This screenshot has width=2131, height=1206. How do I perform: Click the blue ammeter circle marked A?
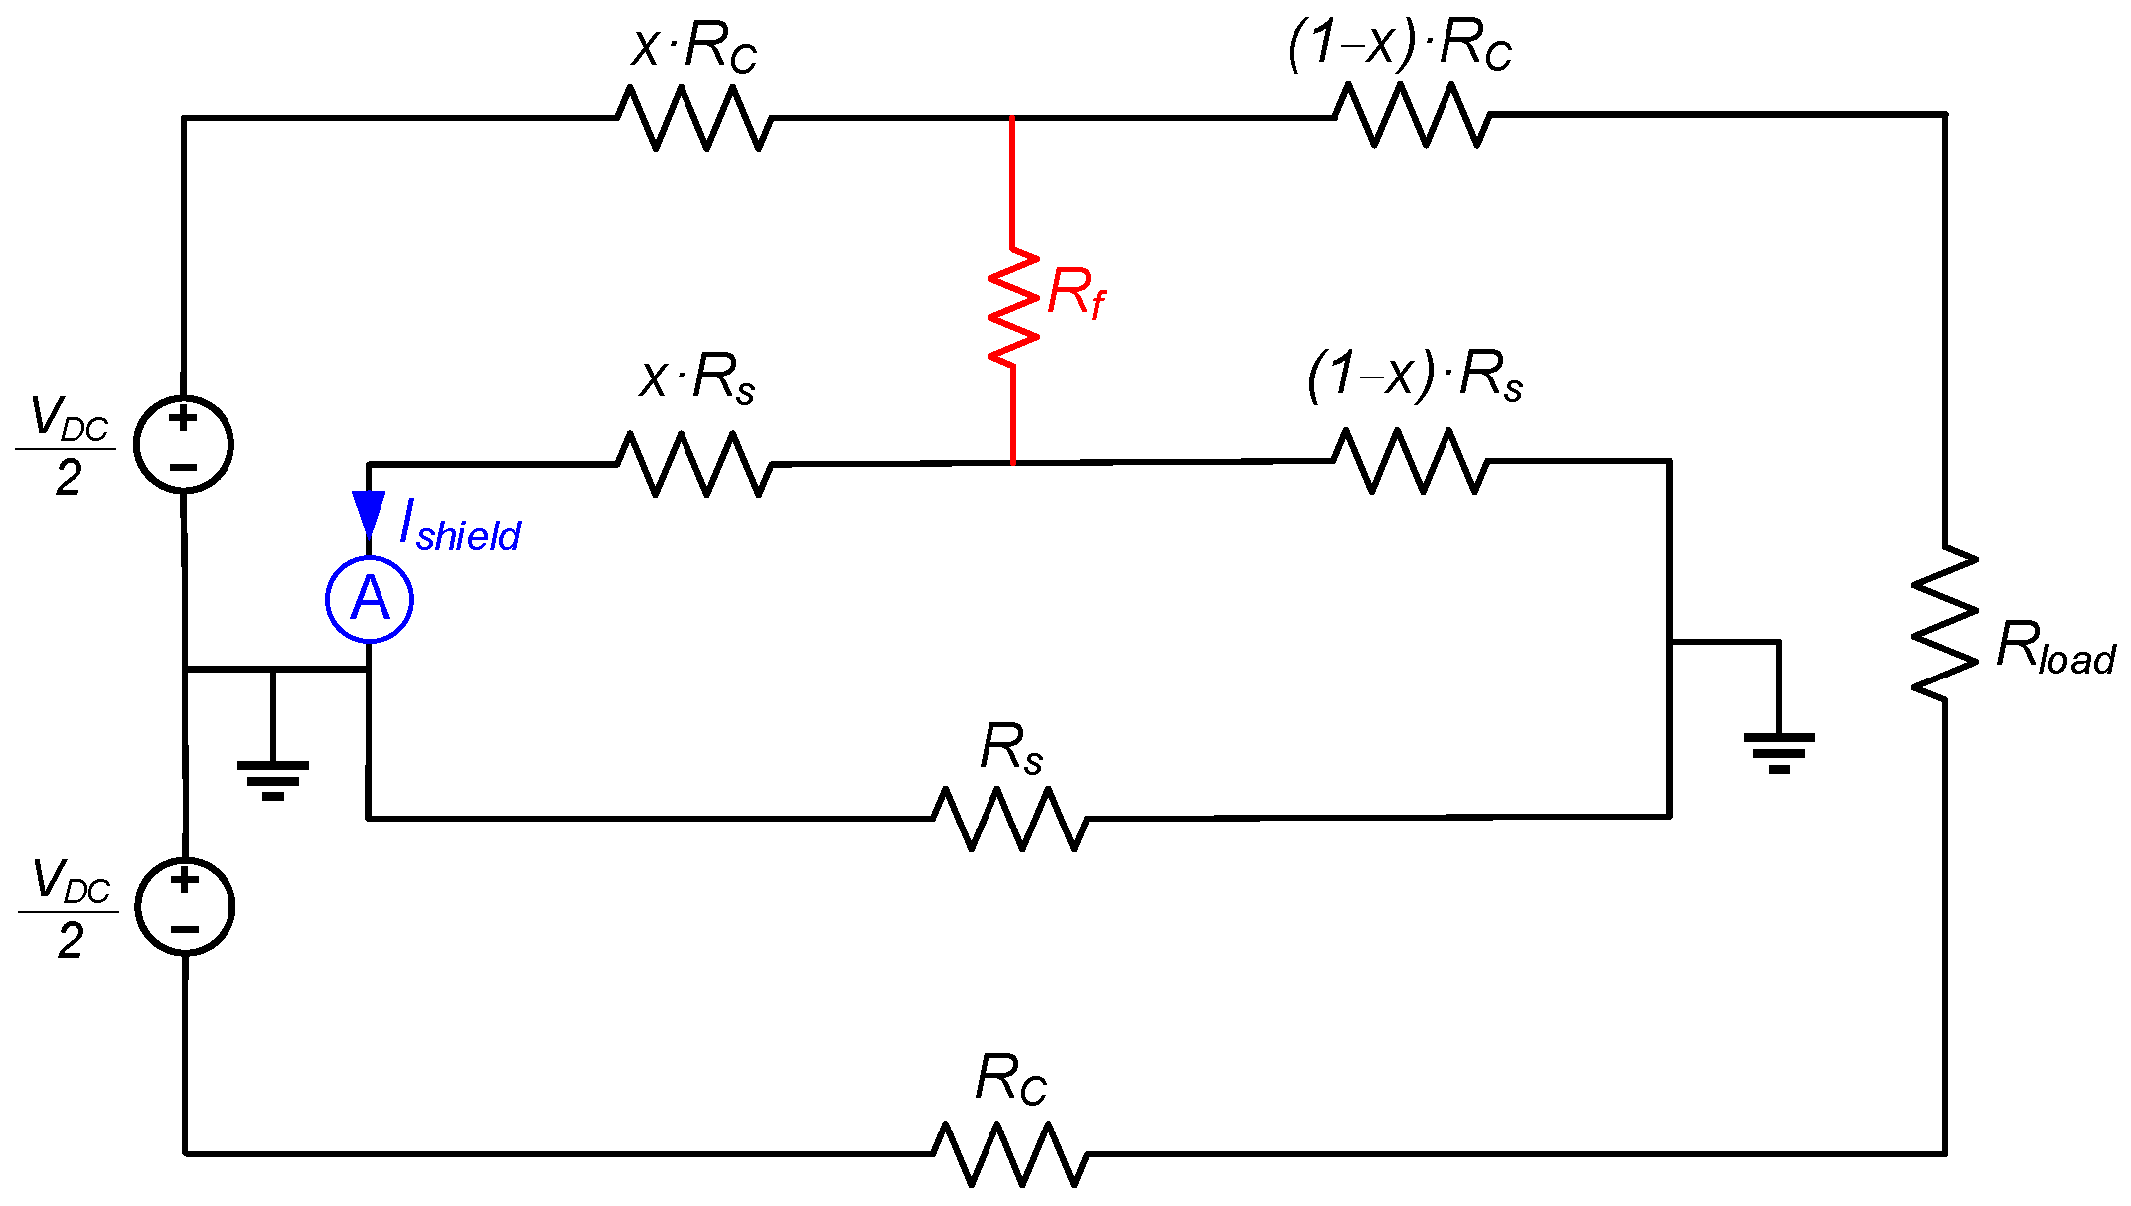(x=370, y=599)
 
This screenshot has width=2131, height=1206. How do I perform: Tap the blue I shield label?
(x=460, y=528)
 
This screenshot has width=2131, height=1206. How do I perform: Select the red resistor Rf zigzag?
(x=1012, y=306)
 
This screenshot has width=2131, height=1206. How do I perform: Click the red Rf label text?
(x=1075, y=293)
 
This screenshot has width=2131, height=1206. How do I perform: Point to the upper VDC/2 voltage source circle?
(x=184, y=444)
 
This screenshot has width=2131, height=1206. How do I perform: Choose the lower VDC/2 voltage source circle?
(x=185, y=906)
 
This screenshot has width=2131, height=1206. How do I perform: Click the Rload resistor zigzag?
(x=1945, y=623)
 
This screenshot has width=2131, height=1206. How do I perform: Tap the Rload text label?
(x=2055, y=648)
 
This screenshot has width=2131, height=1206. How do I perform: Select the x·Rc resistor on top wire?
(x=694, y=118)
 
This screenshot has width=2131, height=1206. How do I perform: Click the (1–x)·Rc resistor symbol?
(x=1412, y=115)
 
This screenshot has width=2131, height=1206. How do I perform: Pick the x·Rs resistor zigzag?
(x=693, y=464)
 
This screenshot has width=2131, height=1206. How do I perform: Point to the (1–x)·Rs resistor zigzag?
(x=1410, y=461)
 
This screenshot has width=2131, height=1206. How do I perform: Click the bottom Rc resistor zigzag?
(x=1009, y=1153)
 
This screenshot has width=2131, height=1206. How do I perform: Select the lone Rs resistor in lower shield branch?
(x=1009, y=818)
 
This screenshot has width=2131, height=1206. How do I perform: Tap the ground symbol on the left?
(x=273, y=778)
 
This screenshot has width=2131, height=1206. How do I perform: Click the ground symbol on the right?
(x=1778, y=751)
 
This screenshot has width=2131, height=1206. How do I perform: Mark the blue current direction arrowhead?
(x=369, y=513)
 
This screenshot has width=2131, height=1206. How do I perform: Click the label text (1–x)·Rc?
(x=1399, y=45)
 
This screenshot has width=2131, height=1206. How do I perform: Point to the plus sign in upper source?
(x=183, y=417)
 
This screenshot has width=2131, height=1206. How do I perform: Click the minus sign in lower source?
(x=185, y=930)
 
